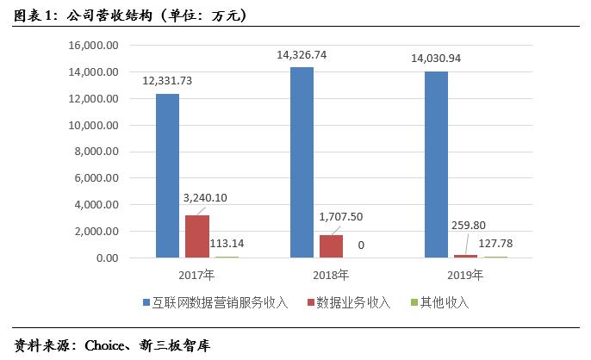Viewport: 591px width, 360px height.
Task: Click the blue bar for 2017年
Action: pos(167,176)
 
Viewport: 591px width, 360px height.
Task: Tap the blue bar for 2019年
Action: pos(436,164)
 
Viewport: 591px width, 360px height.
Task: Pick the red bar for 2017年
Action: pos(197,236)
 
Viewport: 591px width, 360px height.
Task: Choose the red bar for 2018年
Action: pos(332,246)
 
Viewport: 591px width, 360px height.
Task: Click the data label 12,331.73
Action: pos(168,80)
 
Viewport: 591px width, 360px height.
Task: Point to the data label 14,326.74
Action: pos(302,54)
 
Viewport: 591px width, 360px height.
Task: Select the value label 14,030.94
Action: pos(437,59)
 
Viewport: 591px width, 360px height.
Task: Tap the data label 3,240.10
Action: pos(205,197)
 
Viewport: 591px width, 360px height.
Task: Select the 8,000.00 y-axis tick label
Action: pos(94,152)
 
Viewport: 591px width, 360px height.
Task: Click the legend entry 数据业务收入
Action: pos(353,302)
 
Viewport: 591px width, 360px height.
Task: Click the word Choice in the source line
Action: pos(104,346)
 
